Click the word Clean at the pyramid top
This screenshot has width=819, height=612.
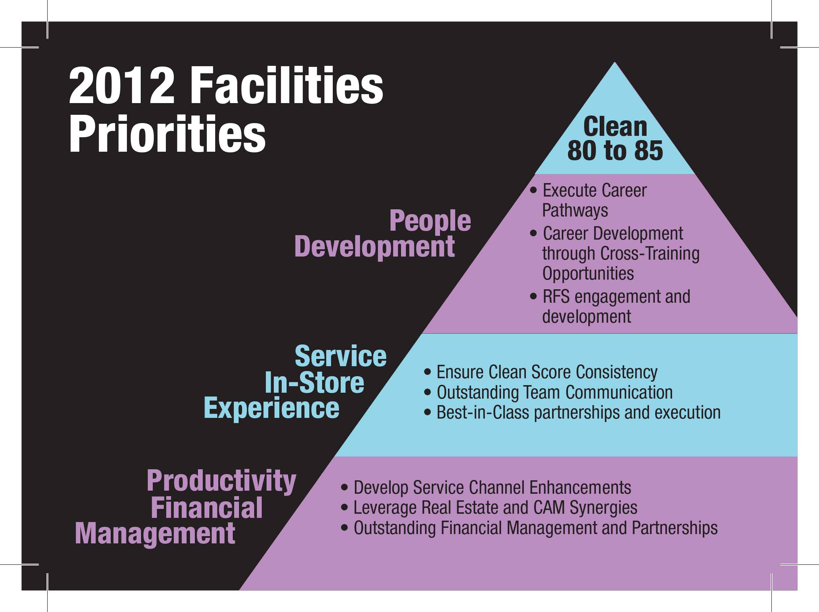pyautogui.click(x=615, y=127)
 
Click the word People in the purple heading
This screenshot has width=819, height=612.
pyautogui.click(x=430, y=221)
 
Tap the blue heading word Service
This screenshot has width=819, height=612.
pyautogui.click(x=341, y=356)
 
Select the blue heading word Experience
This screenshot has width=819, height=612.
pyautogui.click(x=271, y=408)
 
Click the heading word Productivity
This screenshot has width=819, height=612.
pyautogui.click(x=221, y=481)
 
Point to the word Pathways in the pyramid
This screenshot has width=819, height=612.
pyautogui.click(x=575, y=211)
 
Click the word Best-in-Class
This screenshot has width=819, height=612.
pyautogui.click(x=483, y=412)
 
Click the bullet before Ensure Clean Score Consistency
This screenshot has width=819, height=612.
pyautogui.click(x=428, y=372)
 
